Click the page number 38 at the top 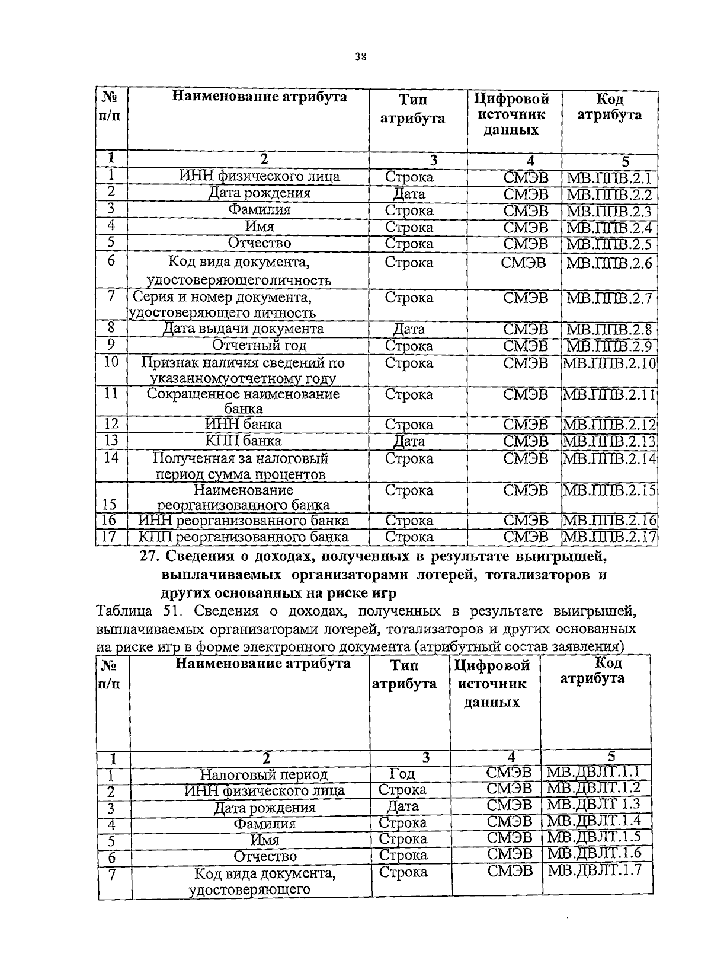click(360, 57)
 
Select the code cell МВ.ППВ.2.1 click(608, 177)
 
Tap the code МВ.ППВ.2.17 click(609, 537)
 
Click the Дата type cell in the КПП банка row click(409, 442)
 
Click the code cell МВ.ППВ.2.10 click(609, 363)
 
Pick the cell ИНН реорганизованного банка click(243, 521)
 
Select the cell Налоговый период click(264, 774)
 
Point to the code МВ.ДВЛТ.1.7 click(594, 870)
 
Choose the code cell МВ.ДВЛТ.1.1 click(594, 772)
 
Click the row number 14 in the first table click(111, 458)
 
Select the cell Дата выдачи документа click(243, 329)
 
